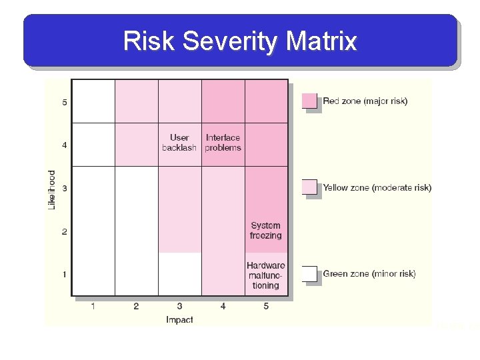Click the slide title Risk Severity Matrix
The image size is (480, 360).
click(x=240, y=41)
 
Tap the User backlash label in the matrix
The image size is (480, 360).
click(x=179, y=143)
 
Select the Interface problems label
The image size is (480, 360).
click(x=223, y=143)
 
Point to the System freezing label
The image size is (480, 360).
click(x=266, y=231)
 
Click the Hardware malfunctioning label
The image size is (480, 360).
click(x=266, y=275)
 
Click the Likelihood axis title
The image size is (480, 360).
click(x=52, y=190)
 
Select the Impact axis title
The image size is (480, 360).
click(x=179, y=320)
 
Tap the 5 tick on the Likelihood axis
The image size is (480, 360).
click(x=65, y=103)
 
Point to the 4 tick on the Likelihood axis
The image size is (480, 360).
click(x=65, y=145)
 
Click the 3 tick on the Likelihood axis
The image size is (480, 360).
click(x=65, y=189)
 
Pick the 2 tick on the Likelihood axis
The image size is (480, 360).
click(x=65, y=231)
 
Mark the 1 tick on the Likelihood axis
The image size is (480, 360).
click(x=65, y=274)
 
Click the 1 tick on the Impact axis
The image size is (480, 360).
click(x=93, y=306)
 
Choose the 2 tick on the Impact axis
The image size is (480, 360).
click(x=136, y=306)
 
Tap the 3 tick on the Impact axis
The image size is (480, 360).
click(x=179, y=306)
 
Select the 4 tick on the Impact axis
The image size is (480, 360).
click(x=223, y=306)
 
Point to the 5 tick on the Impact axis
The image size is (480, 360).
click(x=266, y=306)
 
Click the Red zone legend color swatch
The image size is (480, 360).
click(x=309, y=101)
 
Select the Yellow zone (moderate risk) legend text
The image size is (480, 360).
click(x=377, y=188)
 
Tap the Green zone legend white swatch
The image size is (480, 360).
click(x=309, y=273)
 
